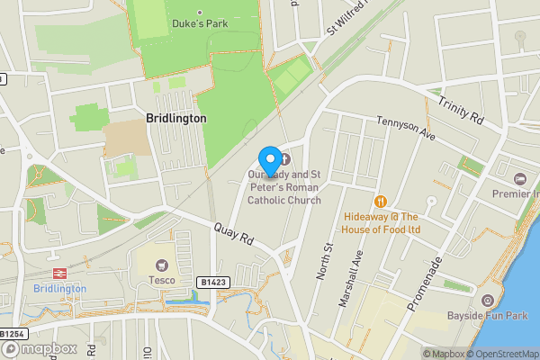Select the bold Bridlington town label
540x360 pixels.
coord(175,118)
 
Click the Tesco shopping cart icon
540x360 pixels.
coord(162,265)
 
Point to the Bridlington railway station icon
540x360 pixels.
coord(59,274)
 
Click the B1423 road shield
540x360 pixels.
coord(212,282)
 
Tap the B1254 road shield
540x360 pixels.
coord(11,334)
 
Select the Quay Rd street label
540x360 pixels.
coord(231,236)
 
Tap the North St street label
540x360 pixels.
coord(325,260)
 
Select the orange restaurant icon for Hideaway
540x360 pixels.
coord(380,202)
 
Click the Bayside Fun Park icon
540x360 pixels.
coord(487,301)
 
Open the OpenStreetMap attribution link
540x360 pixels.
coord(500,354)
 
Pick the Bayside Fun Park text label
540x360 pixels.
coord(487,316)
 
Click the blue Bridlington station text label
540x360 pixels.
coord(59,288)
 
